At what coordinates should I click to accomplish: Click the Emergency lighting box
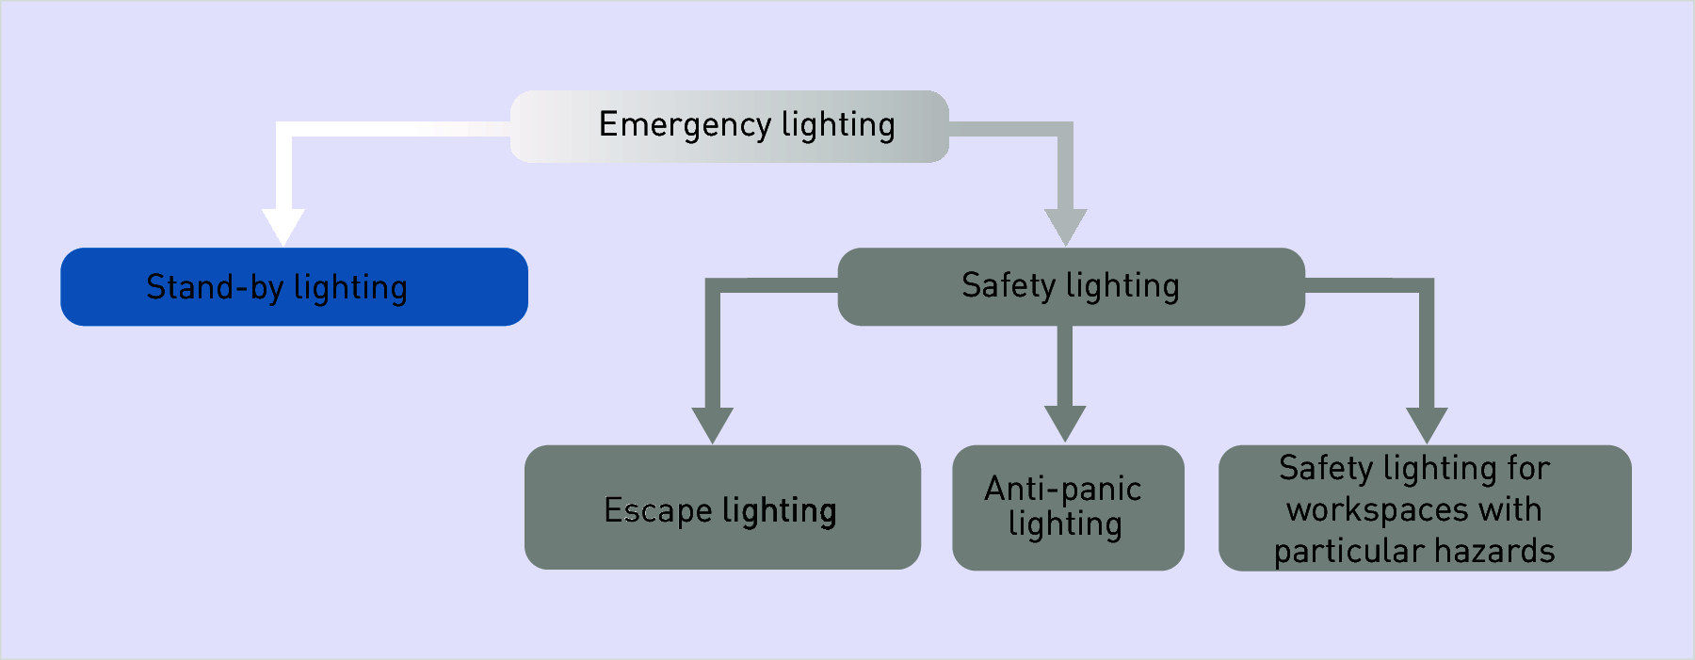729,126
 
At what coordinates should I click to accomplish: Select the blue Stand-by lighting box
294,287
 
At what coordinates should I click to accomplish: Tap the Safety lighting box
1071,287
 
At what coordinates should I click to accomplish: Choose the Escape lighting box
722,507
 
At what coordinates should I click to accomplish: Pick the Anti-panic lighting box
1068,507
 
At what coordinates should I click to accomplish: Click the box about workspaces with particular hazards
1425,507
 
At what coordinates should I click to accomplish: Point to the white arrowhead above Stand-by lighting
283,227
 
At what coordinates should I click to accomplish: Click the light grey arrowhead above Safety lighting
1066,227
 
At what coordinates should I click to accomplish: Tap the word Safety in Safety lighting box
1009,286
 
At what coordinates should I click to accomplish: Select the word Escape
658,510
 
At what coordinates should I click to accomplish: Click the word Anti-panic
1063,490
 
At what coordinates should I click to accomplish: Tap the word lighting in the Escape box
780,511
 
